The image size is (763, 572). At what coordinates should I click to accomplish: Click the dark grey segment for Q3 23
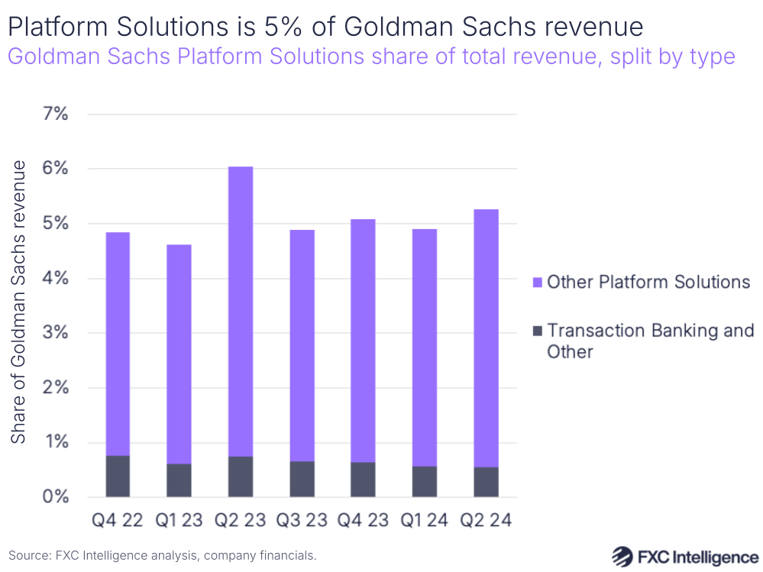click(302, 479)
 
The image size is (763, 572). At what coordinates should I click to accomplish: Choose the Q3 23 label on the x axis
click(302, 521)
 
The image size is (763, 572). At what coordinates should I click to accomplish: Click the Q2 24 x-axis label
click(486, 521)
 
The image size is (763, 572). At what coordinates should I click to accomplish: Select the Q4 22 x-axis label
click(117, 521)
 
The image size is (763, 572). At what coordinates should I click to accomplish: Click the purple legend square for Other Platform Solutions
click(537, 283)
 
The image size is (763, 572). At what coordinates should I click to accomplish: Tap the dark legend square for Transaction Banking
click(537, 331)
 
